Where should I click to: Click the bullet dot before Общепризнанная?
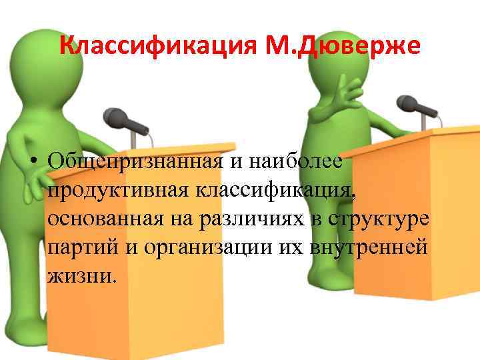pyautogui.click(x=32, y=162)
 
